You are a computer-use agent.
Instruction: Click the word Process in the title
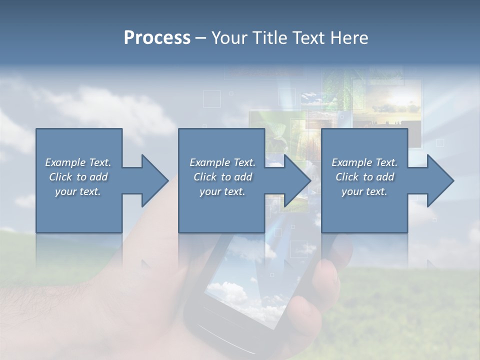(157, 38)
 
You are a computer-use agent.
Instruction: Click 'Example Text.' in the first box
(78, 162)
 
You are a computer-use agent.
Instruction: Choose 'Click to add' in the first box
(78, 177)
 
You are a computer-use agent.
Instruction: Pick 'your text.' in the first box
(78, 191)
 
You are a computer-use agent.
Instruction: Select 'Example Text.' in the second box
(222, 162)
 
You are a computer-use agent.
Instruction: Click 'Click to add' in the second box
(222, 177)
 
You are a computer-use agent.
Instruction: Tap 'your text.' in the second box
(222, 191)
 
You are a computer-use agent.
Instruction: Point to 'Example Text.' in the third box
(364, 162)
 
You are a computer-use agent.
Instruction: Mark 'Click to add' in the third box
(364, 177)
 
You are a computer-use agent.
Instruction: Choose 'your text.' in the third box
(364, 191)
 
